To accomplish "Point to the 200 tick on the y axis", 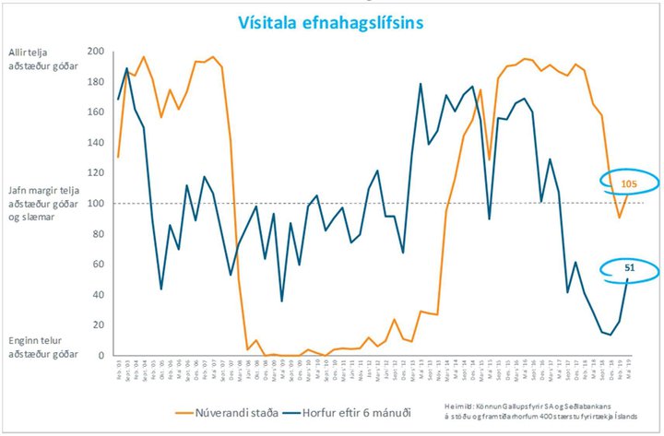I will pos(94,52).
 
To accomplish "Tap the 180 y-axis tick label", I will pos(94,82).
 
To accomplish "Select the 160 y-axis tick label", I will pos(94,112).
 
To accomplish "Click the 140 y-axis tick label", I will pos(94,143).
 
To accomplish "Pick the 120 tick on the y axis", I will pos(94,173).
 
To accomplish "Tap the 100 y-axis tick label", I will pos(94,204).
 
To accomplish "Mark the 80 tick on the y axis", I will pos(97,234).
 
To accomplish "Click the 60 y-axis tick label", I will pos(97,265).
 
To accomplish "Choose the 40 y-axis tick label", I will pos(97,295).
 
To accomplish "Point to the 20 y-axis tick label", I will pos(97,325).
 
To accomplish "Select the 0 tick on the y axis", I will pos(100,356).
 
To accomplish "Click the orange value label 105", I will pos(628,184).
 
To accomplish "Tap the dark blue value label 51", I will pos(630,267).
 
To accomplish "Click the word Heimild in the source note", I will pos(458,404).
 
